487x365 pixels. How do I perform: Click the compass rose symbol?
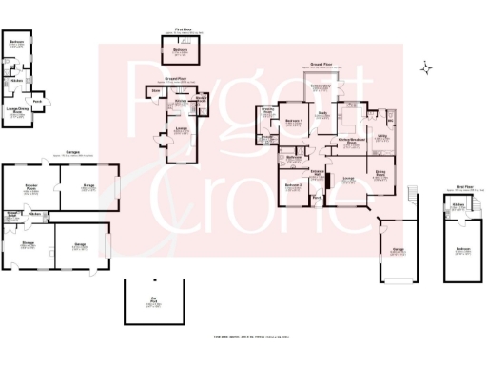(427, 68)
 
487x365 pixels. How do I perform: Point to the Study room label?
(322, 115)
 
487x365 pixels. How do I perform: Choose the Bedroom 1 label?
(294, 122)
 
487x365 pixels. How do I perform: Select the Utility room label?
(381, 137)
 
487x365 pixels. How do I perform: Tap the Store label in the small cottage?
(155, 91)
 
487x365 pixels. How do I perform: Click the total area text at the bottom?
(243, 338)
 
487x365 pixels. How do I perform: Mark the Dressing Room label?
(267, 111)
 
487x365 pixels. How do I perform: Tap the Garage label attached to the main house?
(395, 252)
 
